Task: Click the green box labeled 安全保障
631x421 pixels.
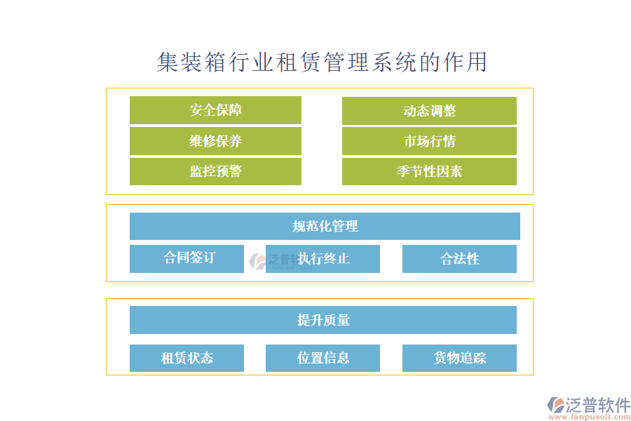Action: click(215, 110)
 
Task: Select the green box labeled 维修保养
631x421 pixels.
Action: click(215, 141)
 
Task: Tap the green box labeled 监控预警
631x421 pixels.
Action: click(215, 171)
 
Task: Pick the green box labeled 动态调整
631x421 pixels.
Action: click(429, 110)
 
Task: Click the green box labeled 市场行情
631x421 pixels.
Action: click(429, 141)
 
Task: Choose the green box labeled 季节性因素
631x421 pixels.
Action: click(429, 171)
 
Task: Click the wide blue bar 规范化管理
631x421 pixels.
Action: click(325, 226)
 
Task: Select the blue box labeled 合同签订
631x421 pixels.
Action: click(186, 258)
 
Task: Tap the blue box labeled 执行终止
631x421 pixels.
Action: click(323, 258)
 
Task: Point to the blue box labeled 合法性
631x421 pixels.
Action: click(459, 258)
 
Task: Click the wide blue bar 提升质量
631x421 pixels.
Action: click(323, 320)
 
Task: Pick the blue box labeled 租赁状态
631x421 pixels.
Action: click(186, 358)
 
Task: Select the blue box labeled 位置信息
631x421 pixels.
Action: click(323, 358)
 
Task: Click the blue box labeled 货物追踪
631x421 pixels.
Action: click(459, 358)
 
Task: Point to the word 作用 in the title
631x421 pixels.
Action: click(465, 62)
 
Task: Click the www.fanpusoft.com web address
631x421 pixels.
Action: click(589, 416)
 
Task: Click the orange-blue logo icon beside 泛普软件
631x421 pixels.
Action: click(555, 405)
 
